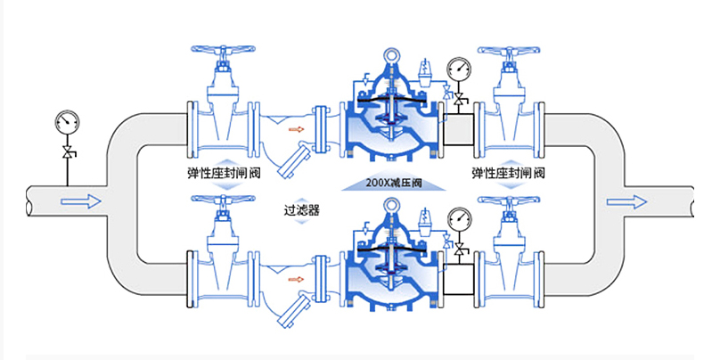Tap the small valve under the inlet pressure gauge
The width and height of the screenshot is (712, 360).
[66, 153]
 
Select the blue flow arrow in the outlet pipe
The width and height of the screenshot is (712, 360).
[626, 201]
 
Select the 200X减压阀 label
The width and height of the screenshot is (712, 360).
[392, 184]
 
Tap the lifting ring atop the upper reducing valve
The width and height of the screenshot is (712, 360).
[391, 56]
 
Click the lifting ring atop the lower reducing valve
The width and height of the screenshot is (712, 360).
[391, 207]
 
